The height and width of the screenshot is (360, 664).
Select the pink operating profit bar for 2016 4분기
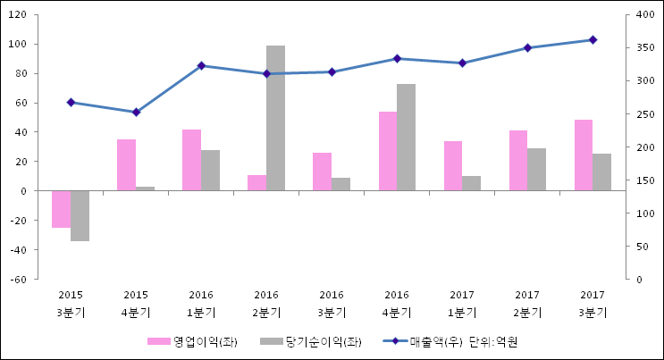tap(388, 151)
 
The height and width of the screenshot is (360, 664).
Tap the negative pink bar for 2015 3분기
tap(61, 209)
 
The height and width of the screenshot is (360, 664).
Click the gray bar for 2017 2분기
tap(537, 169)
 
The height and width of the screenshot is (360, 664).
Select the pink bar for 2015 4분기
tap(126, 164)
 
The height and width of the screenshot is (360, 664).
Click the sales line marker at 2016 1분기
tap(201, 65)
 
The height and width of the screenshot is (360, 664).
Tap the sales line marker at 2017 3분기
tap(593, 39)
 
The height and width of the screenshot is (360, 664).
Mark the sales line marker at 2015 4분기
tap(136, 112)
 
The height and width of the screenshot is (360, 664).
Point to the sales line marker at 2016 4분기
tap(397, 58)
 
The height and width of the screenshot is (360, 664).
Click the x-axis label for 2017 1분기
tap(462, 303)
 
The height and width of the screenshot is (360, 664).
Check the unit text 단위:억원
tap(494, 341)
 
